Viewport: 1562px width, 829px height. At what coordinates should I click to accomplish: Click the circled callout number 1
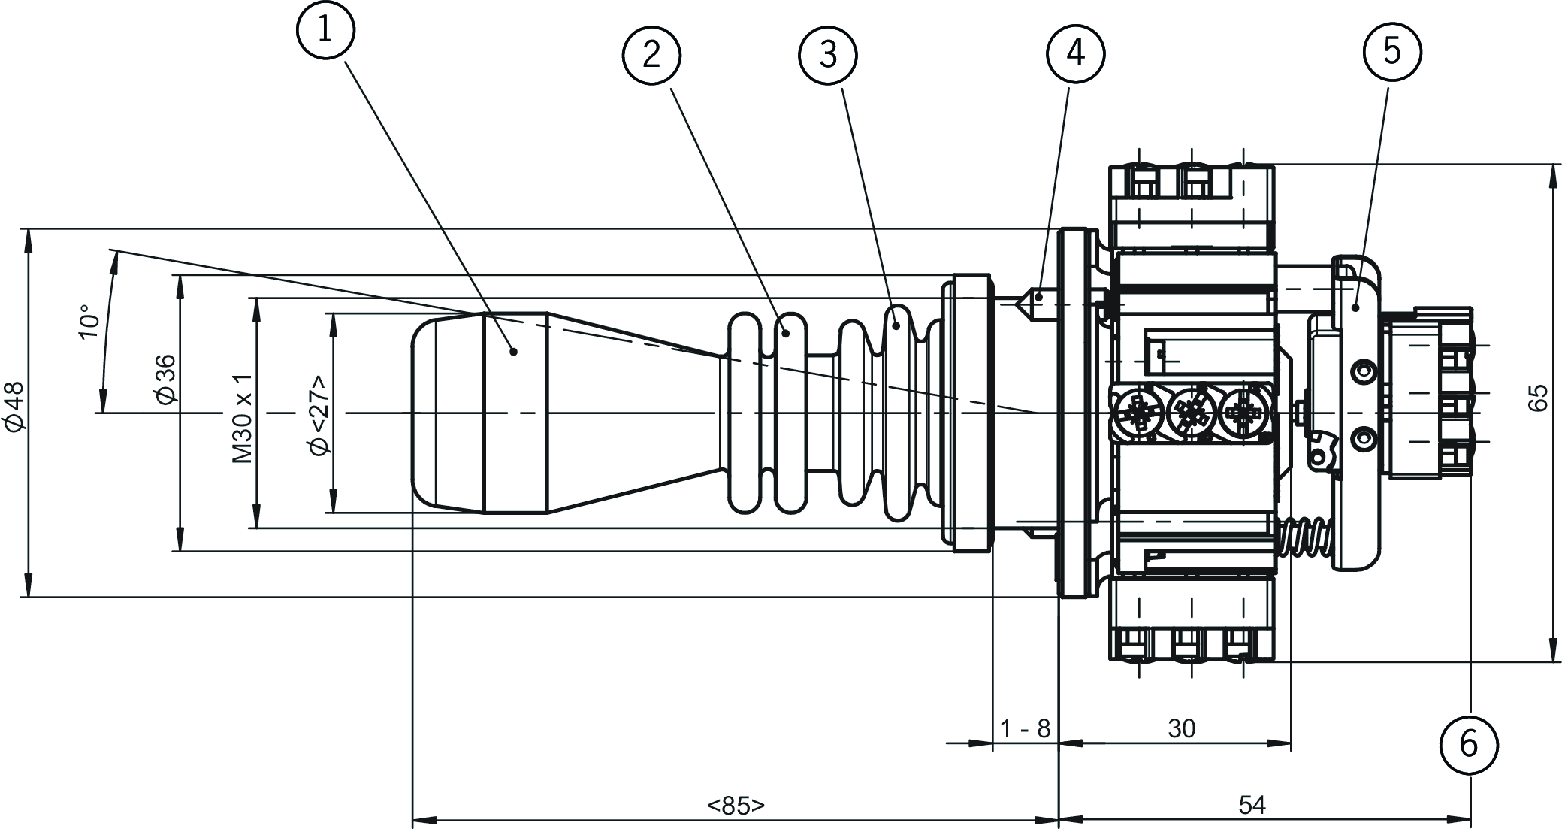[325, 29]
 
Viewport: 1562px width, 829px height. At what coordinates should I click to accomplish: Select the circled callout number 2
[651, 54]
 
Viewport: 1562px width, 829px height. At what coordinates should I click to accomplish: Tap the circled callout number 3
[828, 54]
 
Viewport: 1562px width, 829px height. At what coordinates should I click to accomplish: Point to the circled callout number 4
[1076, 53]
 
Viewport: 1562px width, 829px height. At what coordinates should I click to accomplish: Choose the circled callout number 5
[1391, 51]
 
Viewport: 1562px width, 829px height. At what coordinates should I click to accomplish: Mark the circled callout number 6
[1469, 744]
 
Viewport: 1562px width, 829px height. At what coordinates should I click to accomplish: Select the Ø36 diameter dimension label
[167, 379]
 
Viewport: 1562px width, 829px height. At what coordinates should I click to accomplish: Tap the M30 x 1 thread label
[242, 418]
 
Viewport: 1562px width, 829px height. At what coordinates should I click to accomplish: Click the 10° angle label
[88, 322]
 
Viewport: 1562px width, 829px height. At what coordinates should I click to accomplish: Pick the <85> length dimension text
[736, 806]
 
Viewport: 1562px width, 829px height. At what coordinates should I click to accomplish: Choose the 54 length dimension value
[1252, 806]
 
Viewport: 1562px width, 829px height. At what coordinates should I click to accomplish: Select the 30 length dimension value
[1182, 728]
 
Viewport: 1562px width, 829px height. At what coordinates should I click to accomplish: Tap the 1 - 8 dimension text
[1025, 728]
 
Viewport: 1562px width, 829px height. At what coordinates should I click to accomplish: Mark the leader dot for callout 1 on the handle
[514, 350]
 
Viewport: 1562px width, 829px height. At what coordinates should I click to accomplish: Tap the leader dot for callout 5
[1355, 307]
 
